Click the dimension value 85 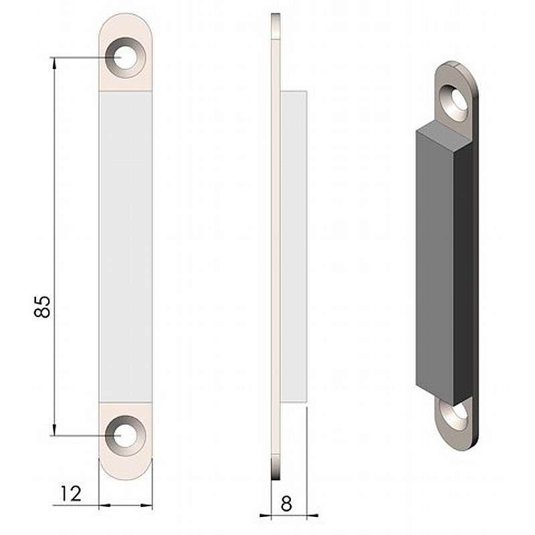42,307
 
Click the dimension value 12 71,494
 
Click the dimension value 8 286,504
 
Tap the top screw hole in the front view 126,58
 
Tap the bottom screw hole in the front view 126,436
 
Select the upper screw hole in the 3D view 455,103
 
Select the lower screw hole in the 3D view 454,415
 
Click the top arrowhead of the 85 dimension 55,64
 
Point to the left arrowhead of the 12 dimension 105,505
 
